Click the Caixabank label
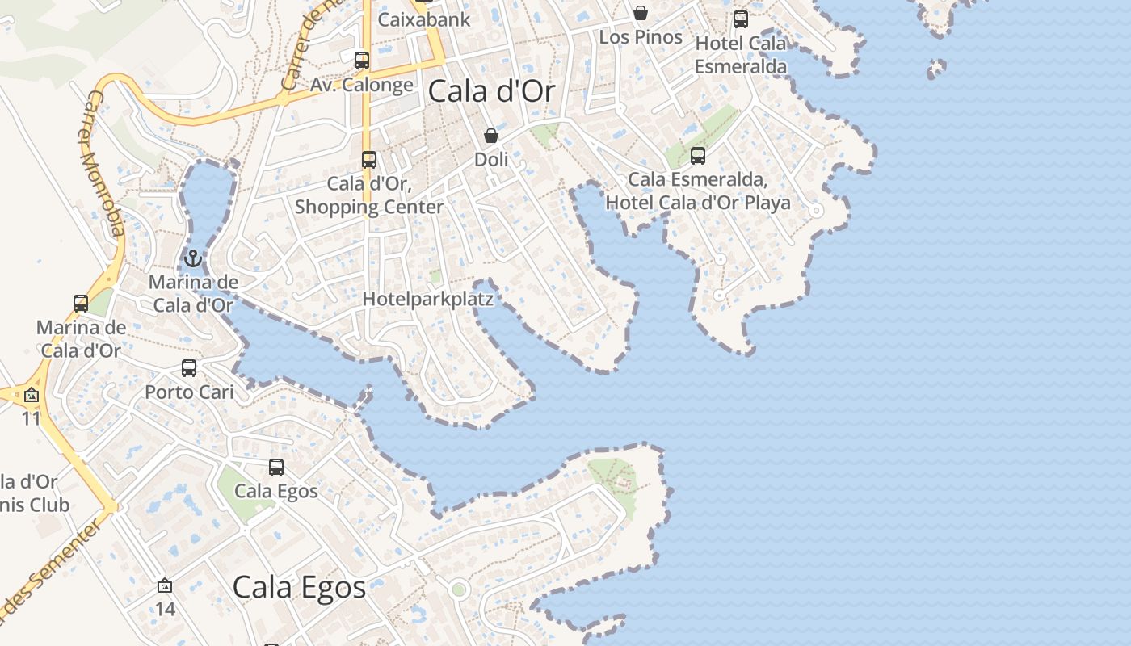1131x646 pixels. click(x=424, y=19)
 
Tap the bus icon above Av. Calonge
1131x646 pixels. click(x=362, y=61)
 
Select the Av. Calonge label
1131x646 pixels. click(x=362, y=84)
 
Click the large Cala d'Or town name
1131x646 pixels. click(x=491, y=91)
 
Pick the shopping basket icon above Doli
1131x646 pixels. click(x=491, y=136)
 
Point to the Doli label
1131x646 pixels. click(x=491, y=159)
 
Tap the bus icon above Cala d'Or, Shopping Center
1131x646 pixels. click(x=369, y=160)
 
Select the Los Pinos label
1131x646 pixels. click(x=641, y=37)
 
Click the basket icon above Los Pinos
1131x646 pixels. click(x=641, y=13)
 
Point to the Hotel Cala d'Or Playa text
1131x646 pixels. click(x=698, y=202)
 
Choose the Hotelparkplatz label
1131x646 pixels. click(x=427, y=299)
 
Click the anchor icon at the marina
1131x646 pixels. click(x=192, y=259)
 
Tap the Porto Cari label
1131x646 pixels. click(x=189, y=392)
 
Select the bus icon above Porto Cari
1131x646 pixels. click(x=189, y=368)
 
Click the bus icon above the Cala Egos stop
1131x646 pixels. click(x=276, y=468)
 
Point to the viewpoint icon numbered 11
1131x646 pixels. click(x=32, y=396)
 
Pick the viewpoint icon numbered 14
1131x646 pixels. click(x=165, y=585)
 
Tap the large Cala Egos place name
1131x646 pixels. click(x=299, y=587)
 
